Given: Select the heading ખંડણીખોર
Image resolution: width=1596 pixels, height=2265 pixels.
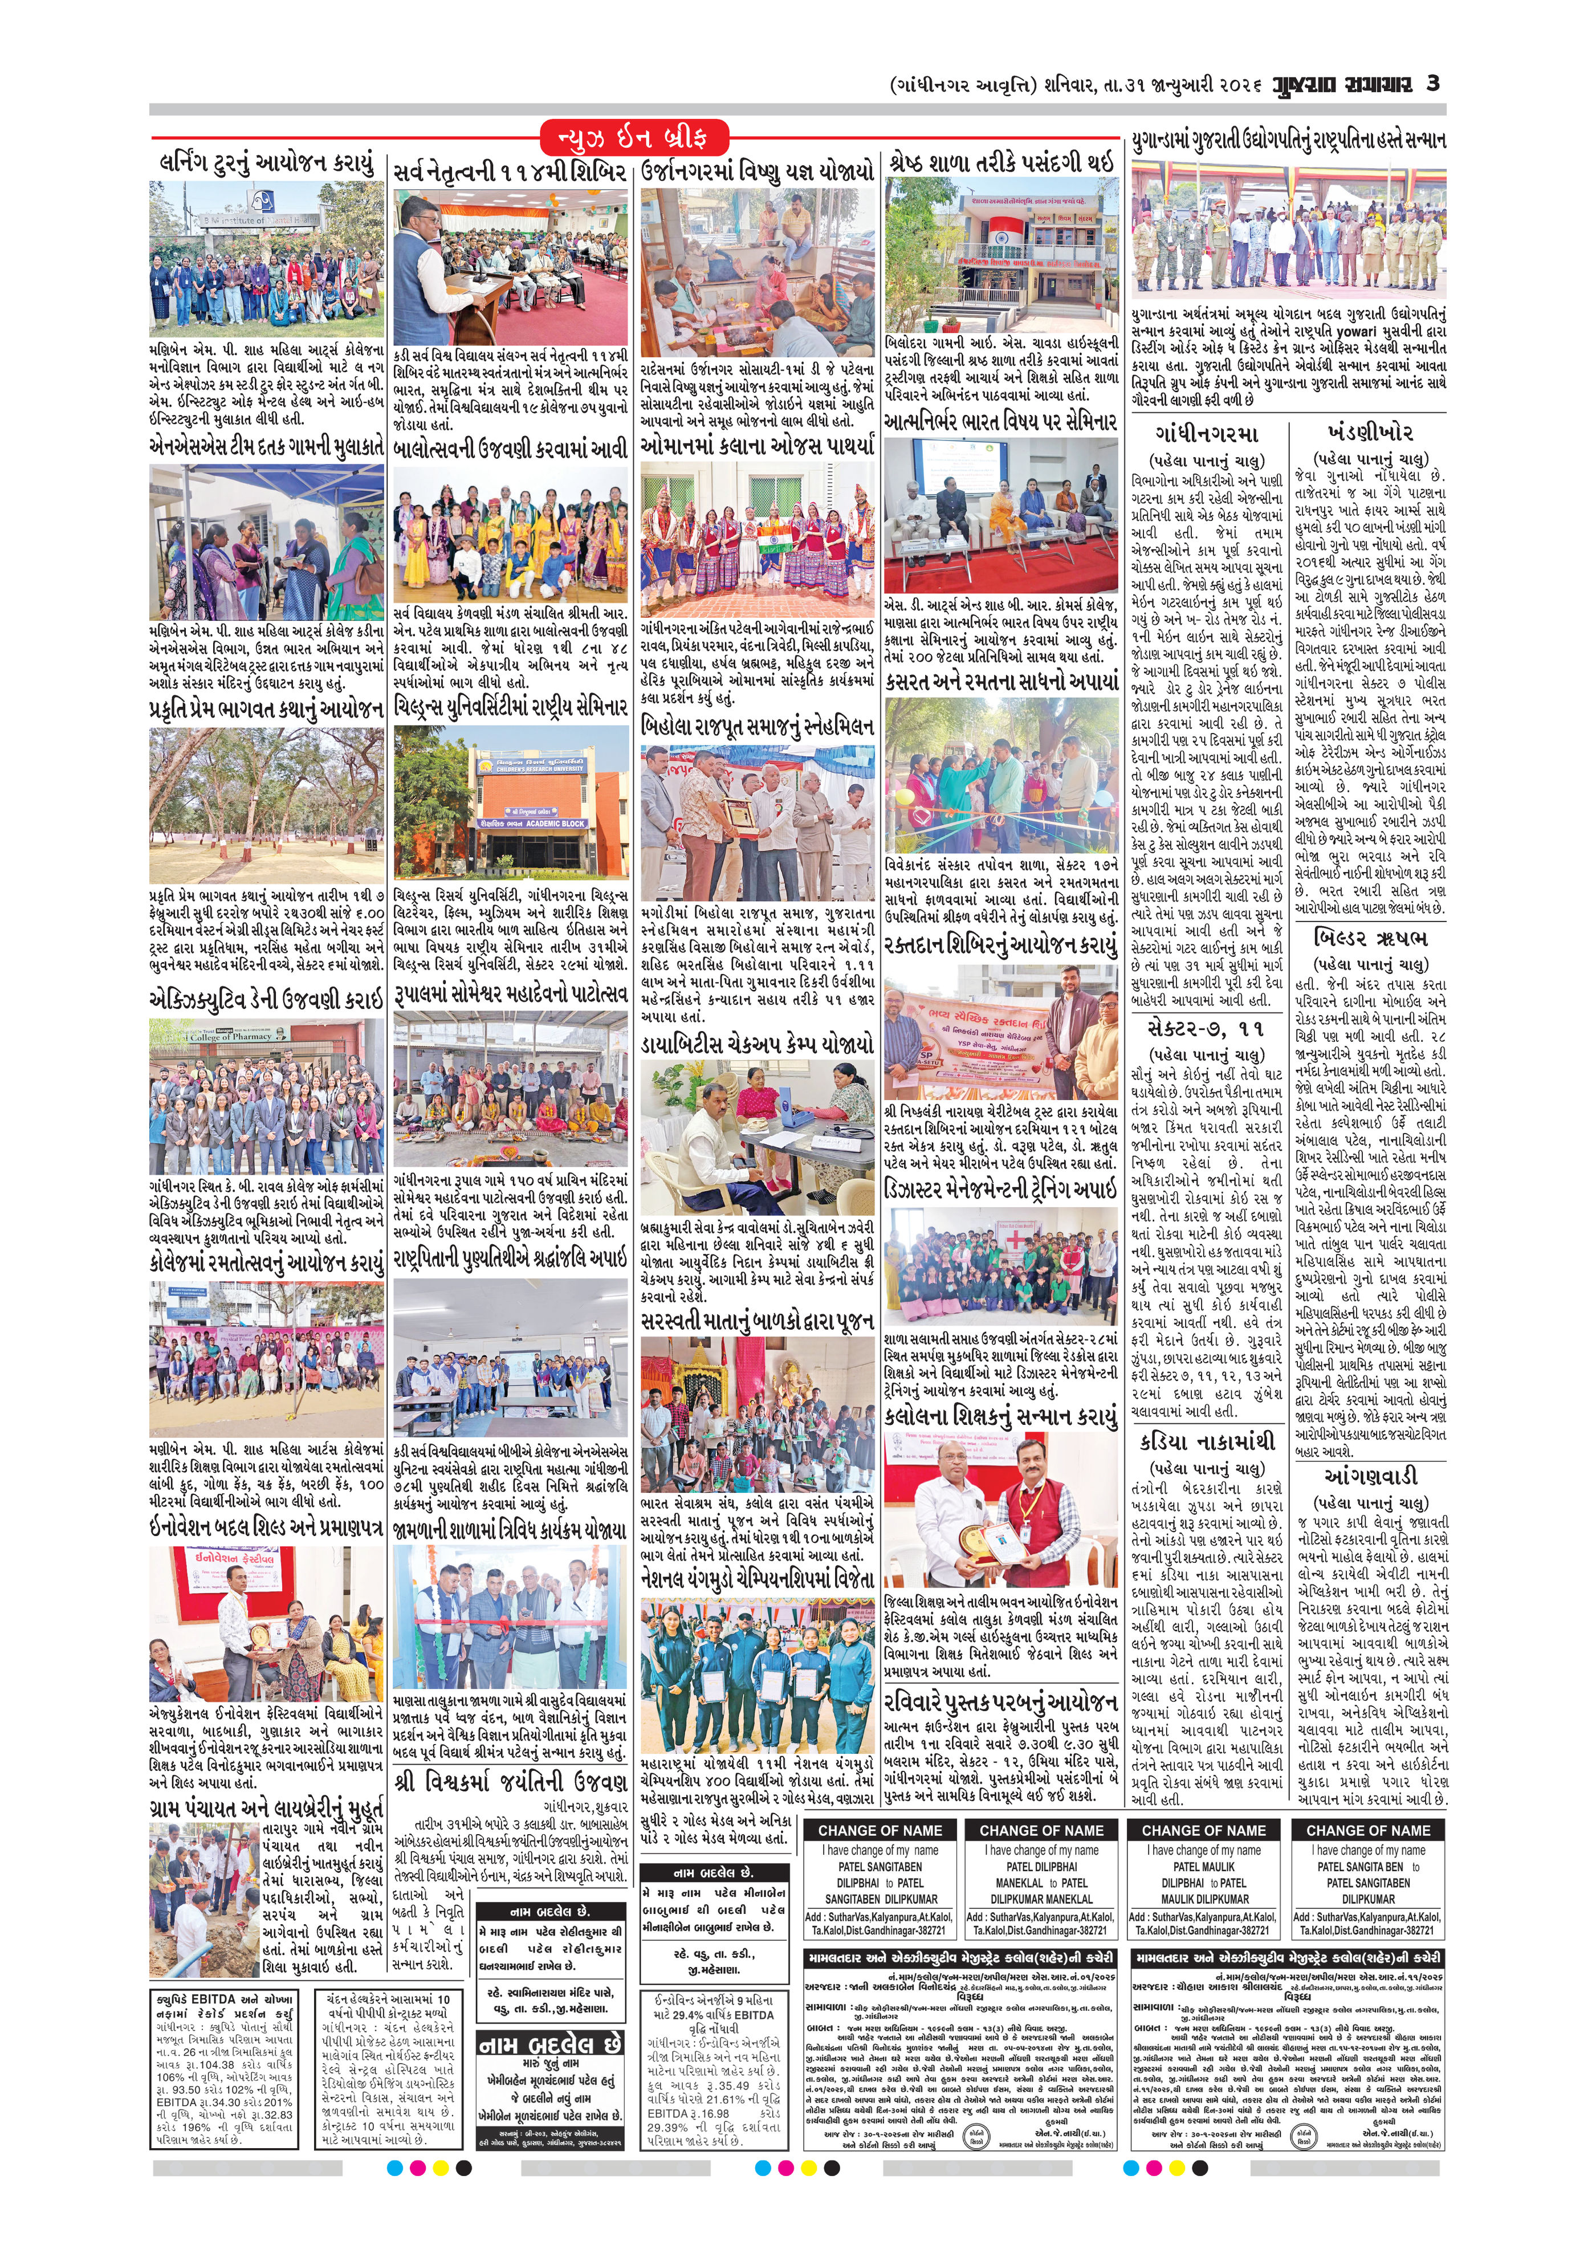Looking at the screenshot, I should pos(1370,432).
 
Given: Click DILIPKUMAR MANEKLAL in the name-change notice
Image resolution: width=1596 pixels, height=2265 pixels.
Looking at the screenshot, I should pos(1041,1898).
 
